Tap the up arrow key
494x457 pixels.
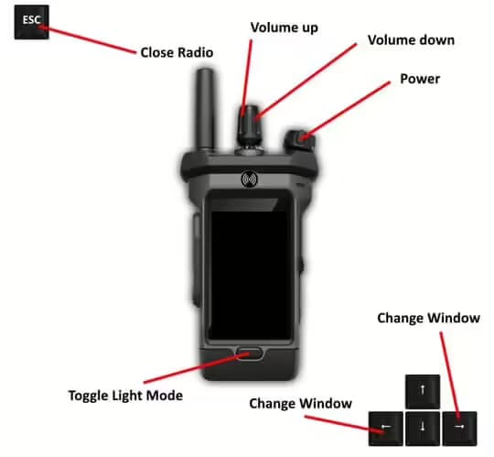pyautogui.click(x=423, y=391)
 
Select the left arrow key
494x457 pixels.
pyautogui.click(x=384, y=427)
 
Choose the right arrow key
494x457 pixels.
pyautogui.click(x=459, y=427)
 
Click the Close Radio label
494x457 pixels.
pyautogui.click(x=176, y=53)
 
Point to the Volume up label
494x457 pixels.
pyautogui.click(x=284, y=27)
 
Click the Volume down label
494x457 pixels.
pyautogui.click(x=411, y=41)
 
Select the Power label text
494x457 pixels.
pyautogui.click(x=420, y=79)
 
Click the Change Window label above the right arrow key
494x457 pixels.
pyautogui.click(x=429, y=318)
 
